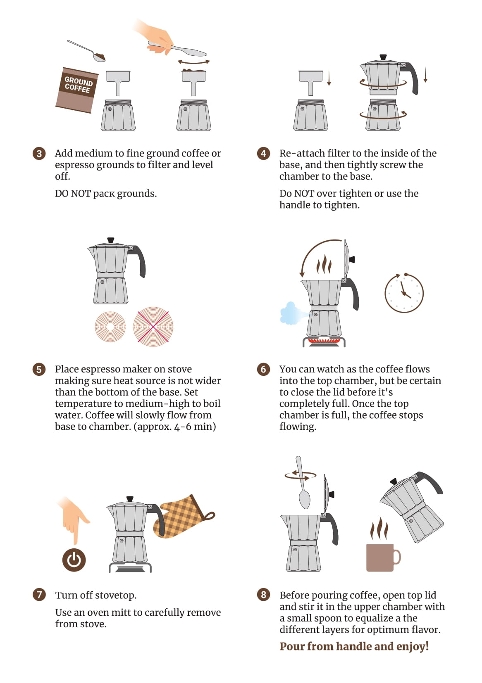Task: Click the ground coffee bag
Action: pos(76,90)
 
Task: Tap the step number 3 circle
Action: pos(39,153)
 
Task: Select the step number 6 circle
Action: pos(263,369)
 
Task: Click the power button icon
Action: pos(74,560)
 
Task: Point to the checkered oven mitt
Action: pos(183,517)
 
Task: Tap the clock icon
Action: pos(404,293)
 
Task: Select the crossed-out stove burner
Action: pos(153,327)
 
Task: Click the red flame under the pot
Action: pos(324,341)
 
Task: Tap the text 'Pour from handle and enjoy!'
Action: pos(354,646)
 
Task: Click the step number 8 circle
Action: pos(263,595)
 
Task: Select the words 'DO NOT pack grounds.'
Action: pos(106,194)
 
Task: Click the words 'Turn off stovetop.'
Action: pos(96,595)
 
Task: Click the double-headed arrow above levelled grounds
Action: pos(193,62)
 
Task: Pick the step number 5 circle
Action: pos(39,369)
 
